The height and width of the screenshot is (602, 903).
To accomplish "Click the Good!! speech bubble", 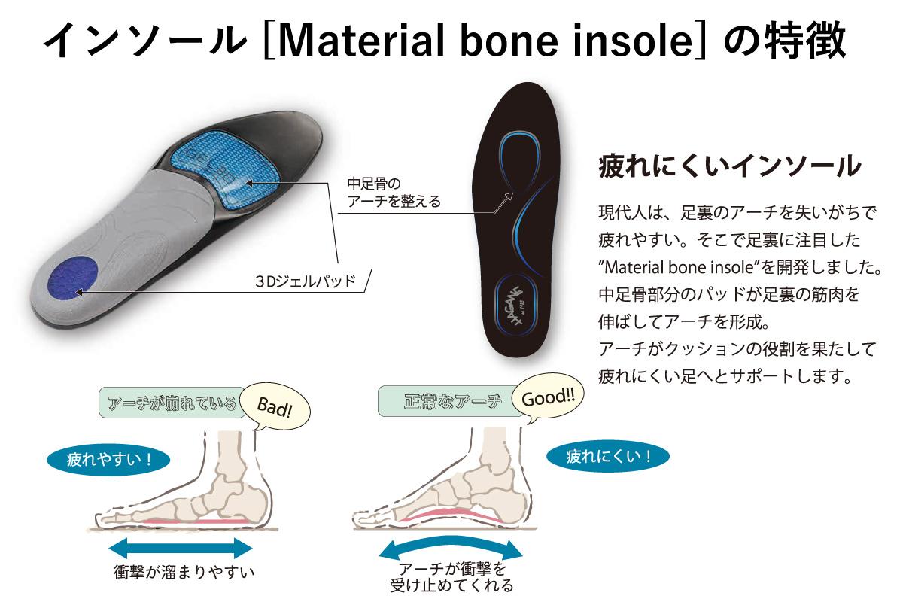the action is tap(548, 397).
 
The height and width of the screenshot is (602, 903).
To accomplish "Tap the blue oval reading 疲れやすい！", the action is tap(108, 460).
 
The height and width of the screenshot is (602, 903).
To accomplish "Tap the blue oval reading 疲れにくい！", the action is tap(608, 456).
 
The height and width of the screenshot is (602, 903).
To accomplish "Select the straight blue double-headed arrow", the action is tap(181, 549).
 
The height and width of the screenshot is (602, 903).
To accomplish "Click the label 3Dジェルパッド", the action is tap(306, 281).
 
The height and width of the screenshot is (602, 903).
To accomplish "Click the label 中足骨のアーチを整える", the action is tap(394, 193).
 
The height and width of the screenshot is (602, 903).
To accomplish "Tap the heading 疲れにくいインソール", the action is tap(730, 166).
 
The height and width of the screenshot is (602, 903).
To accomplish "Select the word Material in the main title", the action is tap(361, 41).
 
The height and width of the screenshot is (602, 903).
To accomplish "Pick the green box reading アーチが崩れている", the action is tap(172, 403).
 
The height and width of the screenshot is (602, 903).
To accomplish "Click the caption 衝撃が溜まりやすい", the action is tap(184, 572).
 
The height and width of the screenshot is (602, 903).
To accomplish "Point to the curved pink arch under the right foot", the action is tap(451, 514).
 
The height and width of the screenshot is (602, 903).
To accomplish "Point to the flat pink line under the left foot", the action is tap(196, 521).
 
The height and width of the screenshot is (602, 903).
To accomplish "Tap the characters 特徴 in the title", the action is tap(806, 41).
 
